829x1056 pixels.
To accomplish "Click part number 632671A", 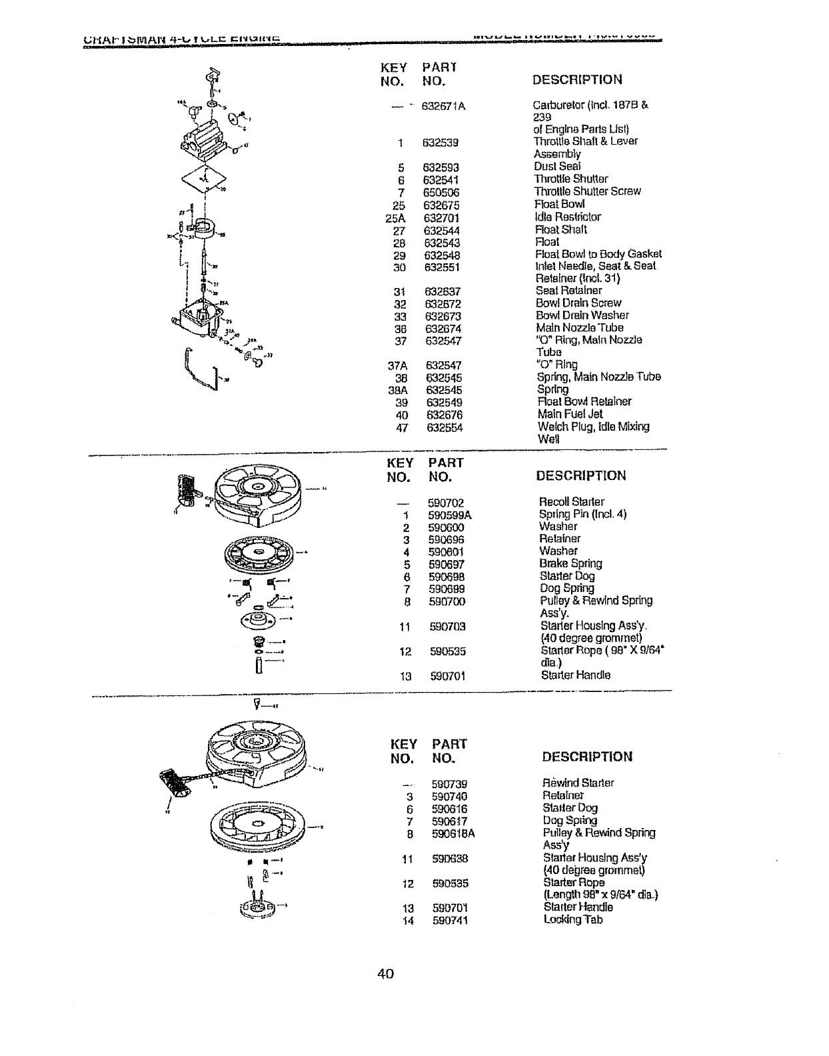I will [442, 105].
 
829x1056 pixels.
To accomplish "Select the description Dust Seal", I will [558, 166].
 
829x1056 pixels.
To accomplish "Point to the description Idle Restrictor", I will [568, 217].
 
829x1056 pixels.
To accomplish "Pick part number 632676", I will [444, 415].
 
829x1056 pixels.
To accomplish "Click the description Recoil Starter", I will [571, 501].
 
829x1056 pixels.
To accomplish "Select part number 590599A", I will [450, 515].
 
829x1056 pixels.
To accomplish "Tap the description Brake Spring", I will [570, 563].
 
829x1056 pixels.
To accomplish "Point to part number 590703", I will [447, 627].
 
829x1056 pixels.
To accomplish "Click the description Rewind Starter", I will [578, 783].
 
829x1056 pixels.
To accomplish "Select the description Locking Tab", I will [573, 920].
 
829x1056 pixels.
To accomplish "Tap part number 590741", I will [449, 921].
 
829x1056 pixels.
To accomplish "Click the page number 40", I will [386, 974].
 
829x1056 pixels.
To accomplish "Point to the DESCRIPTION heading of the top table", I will [577, 80].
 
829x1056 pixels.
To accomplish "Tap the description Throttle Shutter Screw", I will [587, 191].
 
